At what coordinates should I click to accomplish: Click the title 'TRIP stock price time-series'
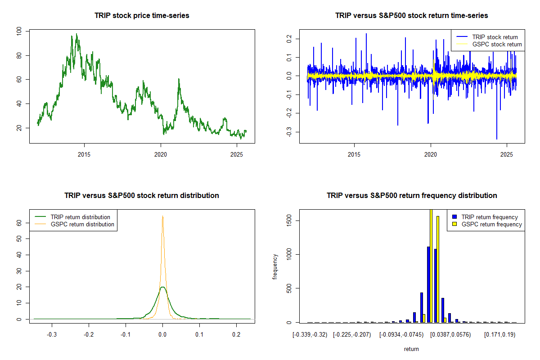point(142,16)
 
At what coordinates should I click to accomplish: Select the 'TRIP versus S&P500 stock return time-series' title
point(412,16)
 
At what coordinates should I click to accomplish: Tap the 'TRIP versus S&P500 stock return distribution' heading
point(142,196)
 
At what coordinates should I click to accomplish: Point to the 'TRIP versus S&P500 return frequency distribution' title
point(412,196)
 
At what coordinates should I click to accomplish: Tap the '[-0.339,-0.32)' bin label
point(310,335)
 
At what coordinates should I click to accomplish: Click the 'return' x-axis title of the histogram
point(411,349)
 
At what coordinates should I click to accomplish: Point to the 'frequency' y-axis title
point(275,266)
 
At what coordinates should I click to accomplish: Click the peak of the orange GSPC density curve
point(162,216)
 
